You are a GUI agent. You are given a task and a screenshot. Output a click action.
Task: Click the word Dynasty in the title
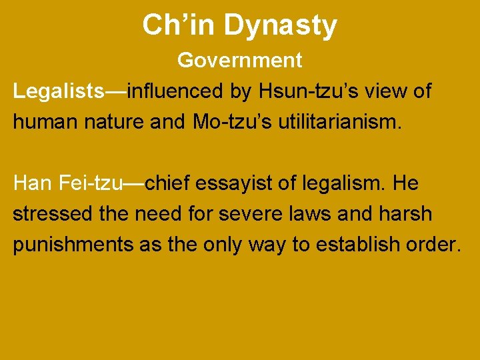coord(280,27)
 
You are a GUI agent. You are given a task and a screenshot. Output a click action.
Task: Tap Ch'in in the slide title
coord(179,25)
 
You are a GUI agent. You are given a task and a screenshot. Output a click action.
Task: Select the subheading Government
coord(240,61)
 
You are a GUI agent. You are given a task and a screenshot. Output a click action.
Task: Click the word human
coord(44,122)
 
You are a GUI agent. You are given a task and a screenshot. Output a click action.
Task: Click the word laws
coord(311,214)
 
